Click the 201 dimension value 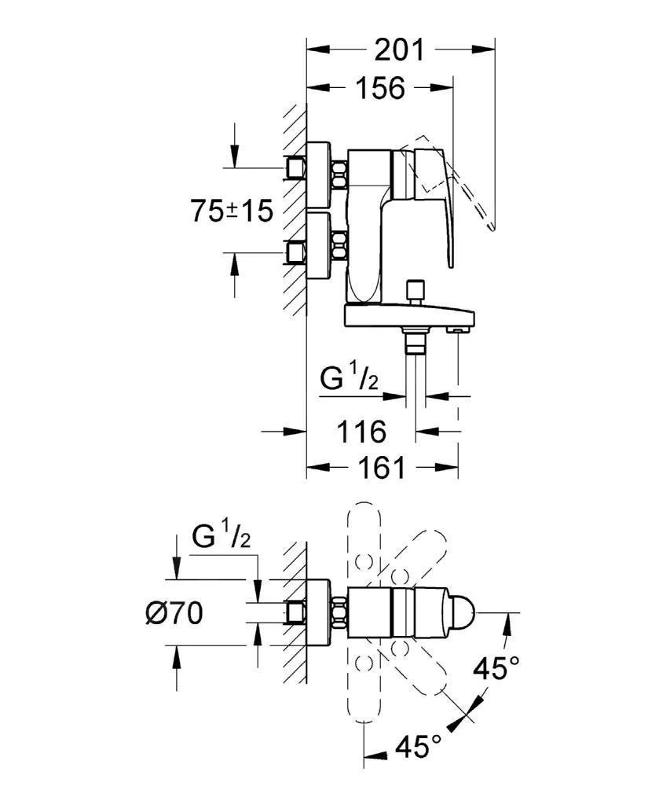tap(398, 50)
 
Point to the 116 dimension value tap(361, 431)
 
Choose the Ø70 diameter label tap(174, 613)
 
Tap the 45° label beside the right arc tap(496, 670)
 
